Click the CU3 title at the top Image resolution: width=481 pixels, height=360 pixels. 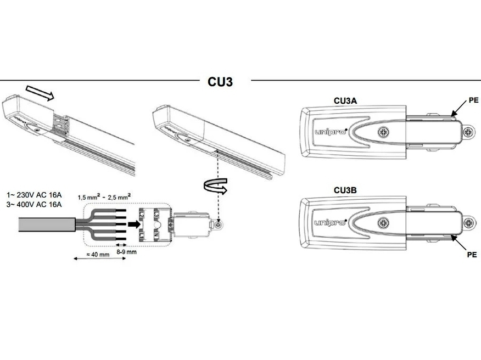[x=220, y=82]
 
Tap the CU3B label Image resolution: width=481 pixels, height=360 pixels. [x=346, y=190]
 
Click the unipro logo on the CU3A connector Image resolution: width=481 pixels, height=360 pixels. [x=329, y=132]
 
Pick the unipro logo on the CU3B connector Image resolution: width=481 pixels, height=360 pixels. [x=329, y=222]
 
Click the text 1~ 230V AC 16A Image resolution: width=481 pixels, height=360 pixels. [x=33, y=194]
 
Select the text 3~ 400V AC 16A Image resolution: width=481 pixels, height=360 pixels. [x=34, y=204]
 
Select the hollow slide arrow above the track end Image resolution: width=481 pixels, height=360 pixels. [x=40, y=93]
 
